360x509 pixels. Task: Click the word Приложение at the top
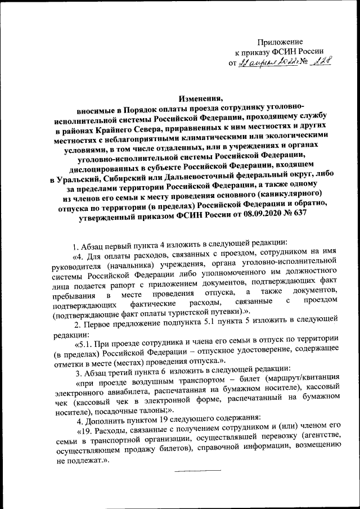click(280, 42)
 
